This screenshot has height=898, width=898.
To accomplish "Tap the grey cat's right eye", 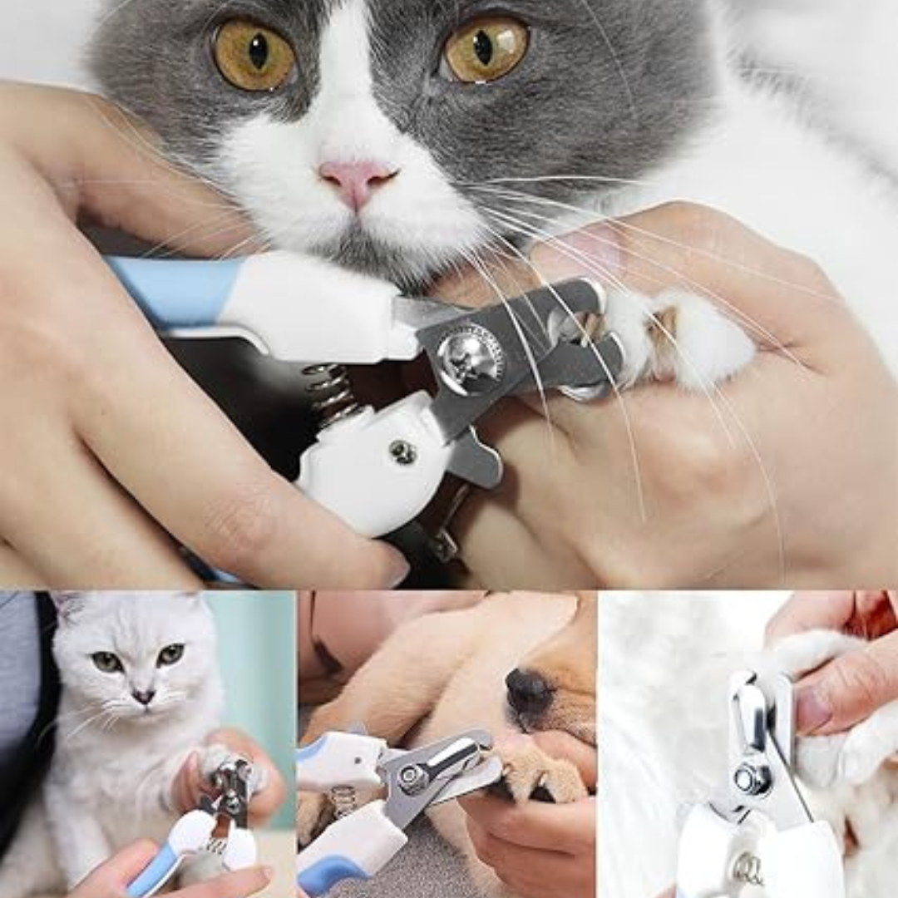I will (x=486, y=48).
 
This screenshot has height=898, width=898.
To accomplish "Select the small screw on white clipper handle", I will (x=403, y=451).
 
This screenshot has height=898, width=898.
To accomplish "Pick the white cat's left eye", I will (x=106, y=661).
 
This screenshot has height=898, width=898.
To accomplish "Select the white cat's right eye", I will (x=170, y=654).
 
